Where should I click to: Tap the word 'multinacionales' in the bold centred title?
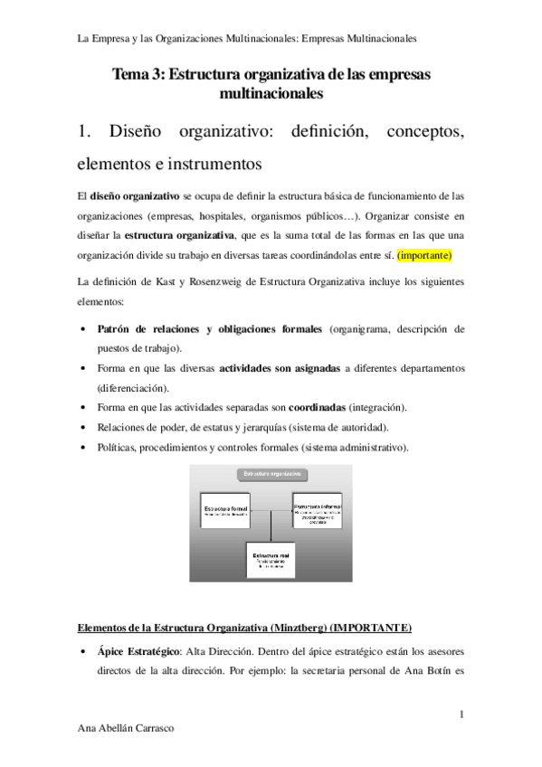pyautogui.click(x=271, y=93)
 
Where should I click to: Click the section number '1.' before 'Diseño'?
pyautogui.click(x=86, y=132)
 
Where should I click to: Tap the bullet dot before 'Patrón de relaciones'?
pyautogui.click(x=83, y=329)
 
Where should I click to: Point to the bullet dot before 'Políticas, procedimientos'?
pyautogui.click(x=83, y=448)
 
